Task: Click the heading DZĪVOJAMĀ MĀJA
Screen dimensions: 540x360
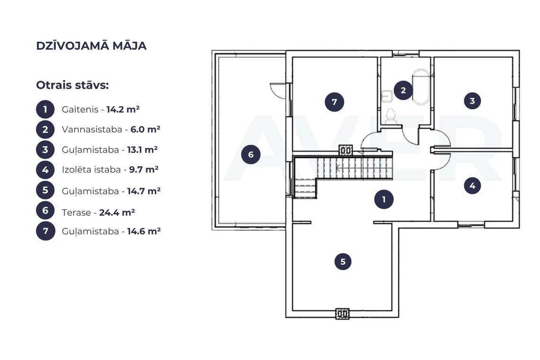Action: (91, 45)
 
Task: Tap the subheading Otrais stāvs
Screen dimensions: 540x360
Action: (72, 85)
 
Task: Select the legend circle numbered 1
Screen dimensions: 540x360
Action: (45, 109)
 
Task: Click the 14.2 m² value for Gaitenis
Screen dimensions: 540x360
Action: (123, 109)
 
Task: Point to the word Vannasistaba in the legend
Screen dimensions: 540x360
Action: (92, 129)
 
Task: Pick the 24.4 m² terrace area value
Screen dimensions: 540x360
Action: (117, 212)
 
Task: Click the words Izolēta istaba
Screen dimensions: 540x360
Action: (91, 170)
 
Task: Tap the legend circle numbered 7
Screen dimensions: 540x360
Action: (45, 231)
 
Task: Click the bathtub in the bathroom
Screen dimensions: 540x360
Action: (421, 87)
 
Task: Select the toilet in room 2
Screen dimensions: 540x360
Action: (390, 117)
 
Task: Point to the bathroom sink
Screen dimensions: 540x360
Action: (387, 96)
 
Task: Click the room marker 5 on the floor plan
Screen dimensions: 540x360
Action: (342, 261)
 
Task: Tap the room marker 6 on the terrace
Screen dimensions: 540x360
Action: (251, 154)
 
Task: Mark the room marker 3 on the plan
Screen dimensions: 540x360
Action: (472, 101)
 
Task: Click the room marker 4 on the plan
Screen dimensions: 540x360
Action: (472, 186)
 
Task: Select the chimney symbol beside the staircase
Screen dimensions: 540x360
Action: (345, 150)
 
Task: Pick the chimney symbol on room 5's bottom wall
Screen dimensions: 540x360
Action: (342, 314)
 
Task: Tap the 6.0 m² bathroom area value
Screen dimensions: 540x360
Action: (145, 129)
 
